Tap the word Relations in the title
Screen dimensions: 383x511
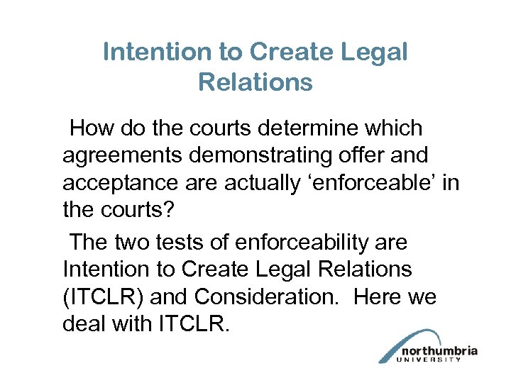255,82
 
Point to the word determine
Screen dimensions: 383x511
314,128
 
